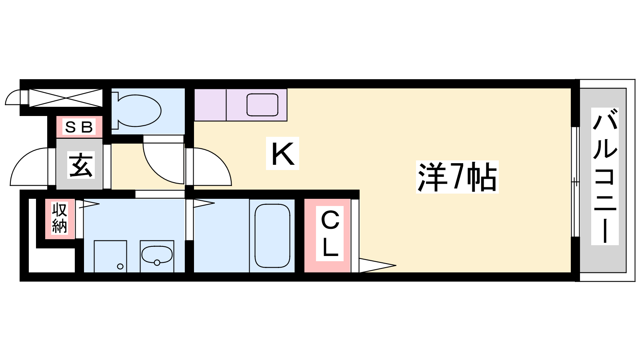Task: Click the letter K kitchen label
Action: (x=282, y=154)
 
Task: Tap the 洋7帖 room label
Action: (x=457, y=177)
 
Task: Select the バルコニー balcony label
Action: (x=605, y=176)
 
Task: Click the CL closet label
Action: (x=330, y=234)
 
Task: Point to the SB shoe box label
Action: (x=79, y=127)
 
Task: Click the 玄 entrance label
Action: (x=81, y=165)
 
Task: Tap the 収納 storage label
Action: (x=60, y=218)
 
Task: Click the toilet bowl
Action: (x=136, y=110)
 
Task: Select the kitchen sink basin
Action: (x=262, y=105)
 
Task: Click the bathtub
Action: (x=272, y=236)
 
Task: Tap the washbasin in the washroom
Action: (x=157, y=255)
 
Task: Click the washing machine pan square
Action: (x=110, y=256)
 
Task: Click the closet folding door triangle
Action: (x=377, y=266)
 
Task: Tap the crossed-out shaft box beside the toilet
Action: (x=66, y=98)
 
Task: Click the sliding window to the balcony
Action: (x=575, y=182)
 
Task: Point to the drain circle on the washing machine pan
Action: (x=120, y=266)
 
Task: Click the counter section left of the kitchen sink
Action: (x=210, y=105)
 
